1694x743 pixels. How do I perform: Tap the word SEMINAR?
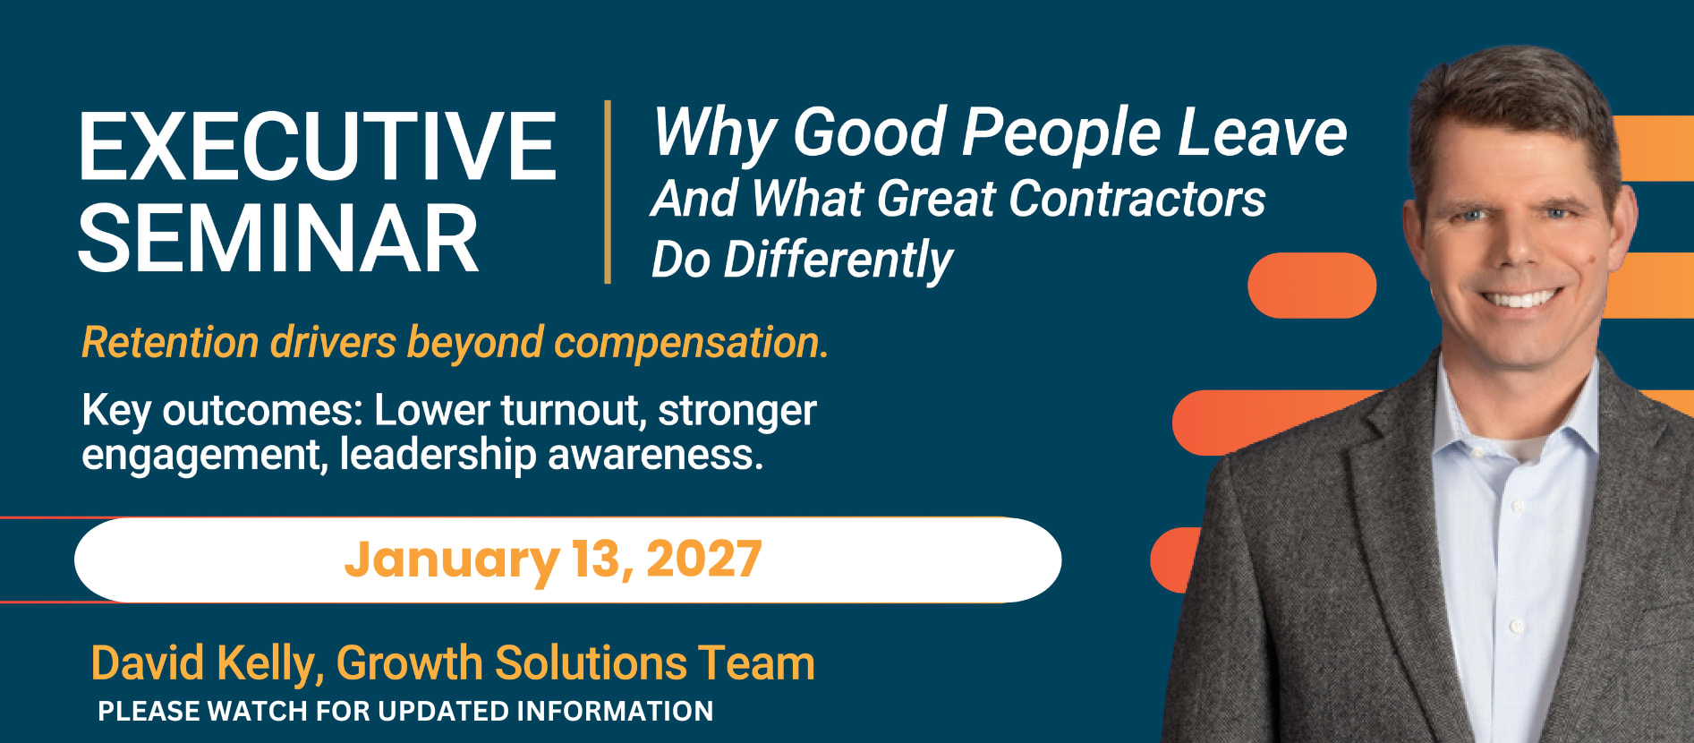click(x=279, y=238)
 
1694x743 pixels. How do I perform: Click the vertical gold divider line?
click(x=609, y=192)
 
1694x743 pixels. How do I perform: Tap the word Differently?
click(x=838, y=260)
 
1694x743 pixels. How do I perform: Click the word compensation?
click(x=691, y=344)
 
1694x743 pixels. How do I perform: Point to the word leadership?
click(x=438, y=455)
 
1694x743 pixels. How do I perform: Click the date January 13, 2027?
click(x=553, y=560)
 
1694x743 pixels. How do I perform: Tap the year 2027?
click(x=703, y=559)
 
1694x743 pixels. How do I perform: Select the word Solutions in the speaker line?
click(x=591, y=663)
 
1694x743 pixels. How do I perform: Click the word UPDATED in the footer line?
click(x=443, y=711)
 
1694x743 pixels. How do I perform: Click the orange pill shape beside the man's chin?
click(x=1312, y=286)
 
